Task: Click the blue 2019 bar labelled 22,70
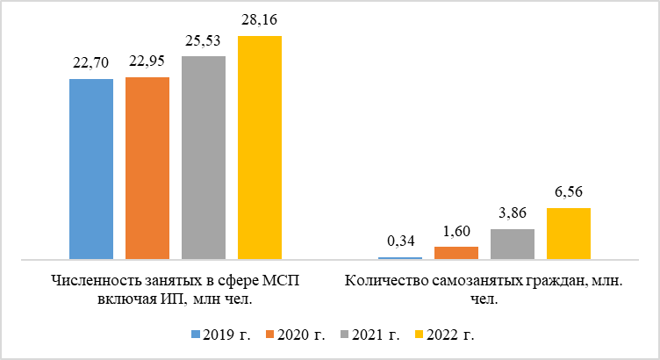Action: pos(91,169)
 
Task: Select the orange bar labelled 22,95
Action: pos(147,168)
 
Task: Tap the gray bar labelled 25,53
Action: pos(204,157)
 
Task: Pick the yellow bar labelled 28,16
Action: pos(260,148)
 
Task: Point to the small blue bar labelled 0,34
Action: pos(400,257)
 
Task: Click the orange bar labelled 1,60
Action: pos(456,253)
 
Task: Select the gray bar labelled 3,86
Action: pos(513,244)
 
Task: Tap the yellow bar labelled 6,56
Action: pos(569,234)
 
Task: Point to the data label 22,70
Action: pos(91,64)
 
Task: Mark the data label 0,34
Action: pos(400,241)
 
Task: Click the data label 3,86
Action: pos(513,213)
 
